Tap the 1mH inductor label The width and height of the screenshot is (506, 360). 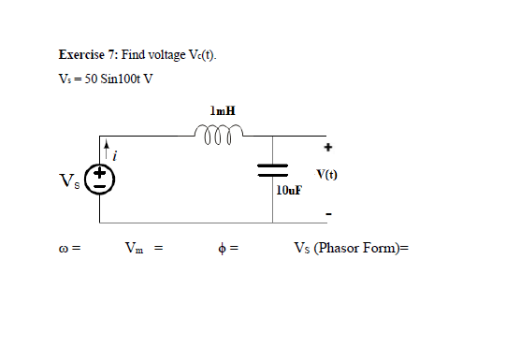click(224, 110)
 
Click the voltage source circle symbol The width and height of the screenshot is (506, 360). click(100, 178)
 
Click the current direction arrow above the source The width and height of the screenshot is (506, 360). click(108, 148)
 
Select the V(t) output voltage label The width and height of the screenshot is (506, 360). click(327, 174)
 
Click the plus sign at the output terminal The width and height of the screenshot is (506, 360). click(328, 147)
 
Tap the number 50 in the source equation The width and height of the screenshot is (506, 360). click(87, 77)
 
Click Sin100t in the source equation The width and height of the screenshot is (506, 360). click(117, 77)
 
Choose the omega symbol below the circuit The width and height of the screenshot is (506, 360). click(61, 250)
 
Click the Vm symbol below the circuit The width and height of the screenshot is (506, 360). click(135, 250)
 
